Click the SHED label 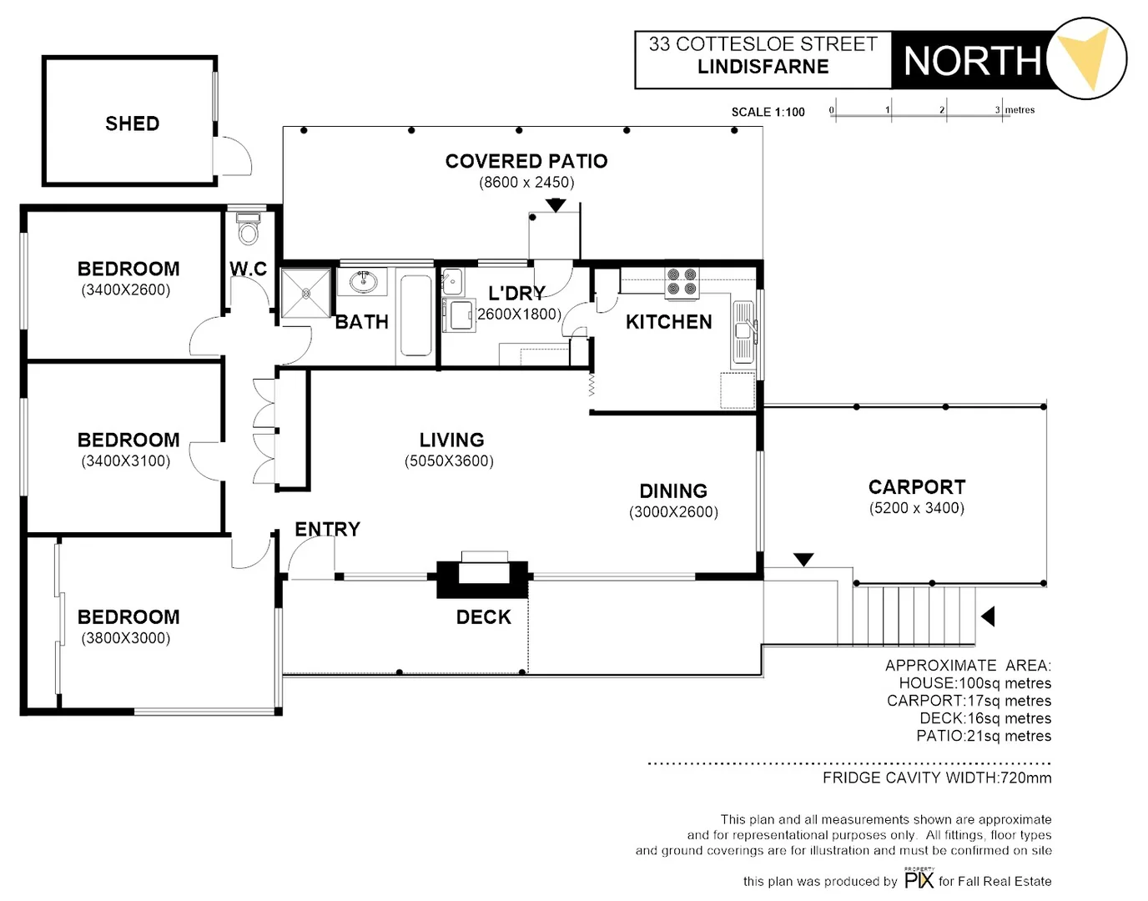132,123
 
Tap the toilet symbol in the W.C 248,229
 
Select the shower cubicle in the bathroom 305,293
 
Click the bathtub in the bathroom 415,315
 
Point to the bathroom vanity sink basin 363,281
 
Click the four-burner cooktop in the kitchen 682,282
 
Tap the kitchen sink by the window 743,333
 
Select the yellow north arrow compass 1086,58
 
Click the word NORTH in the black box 972,61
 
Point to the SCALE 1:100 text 768,112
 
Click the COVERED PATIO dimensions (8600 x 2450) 526,183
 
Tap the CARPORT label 916,487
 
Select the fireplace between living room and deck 483,574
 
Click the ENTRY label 327,529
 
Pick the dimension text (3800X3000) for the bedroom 126,638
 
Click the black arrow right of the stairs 988,617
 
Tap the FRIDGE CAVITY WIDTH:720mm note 936,778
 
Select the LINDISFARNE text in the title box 763,67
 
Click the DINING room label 672,491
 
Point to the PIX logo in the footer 919,879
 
